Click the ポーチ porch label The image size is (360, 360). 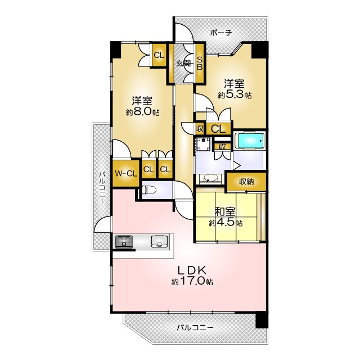pos(221,33)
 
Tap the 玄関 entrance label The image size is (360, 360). pos(182,63)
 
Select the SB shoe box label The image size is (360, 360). pos(200,63)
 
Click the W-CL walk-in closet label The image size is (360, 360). pos(126,173)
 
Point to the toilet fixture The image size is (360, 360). pos(149,190)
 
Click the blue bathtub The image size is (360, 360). pos(250,141)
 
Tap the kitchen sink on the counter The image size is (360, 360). pos(159,241)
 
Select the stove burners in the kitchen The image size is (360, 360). pos(124,241)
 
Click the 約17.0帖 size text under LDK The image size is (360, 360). pos(192,281)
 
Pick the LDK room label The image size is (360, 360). pos(192,270)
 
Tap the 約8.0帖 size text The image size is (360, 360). pos(142,112)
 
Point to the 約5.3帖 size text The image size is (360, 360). pos(235,95)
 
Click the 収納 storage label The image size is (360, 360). pos(246,182)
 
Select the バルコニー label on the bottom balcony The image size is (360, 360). pos(195,327)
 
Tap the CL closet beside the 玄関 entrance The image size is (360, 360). pos(159,55)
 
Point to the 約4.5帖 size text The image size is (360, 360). pos(226,223)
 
